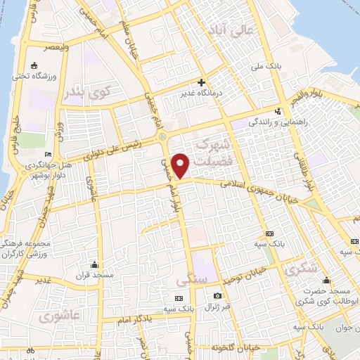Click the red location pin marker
tap(181, 166)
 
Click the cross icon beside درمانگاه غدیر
tap(201, 83)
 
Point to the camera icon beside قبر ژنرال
tap(217, 296)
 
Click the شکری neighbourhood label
tap(298, 269)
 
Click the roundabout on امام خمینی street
tap(162, 136)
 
